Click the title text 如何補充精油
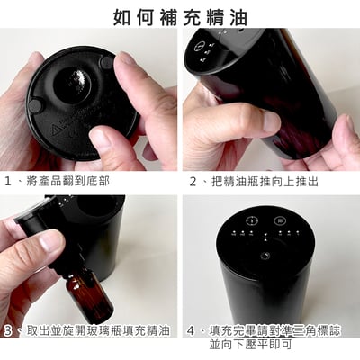(x=180, y=16)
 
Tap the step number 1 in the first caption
(x=9, y=181)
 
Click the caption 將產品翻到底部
(x=68, y=181)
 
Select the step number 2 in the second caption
(x=193, y=181)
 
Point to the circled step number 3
(x=9, y=331)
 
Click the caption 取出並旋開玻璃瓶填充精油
(x=98, y=331)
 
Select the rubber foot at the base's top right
(x=105, y=64)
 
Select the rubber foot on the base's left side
(x=35, y=105)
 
